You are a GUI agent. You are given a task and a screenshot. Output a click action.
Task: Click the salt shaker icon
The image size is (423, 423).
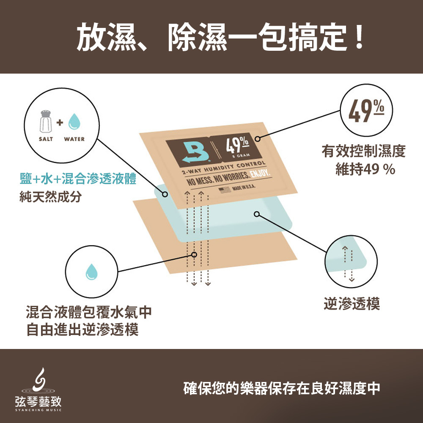(46, 121)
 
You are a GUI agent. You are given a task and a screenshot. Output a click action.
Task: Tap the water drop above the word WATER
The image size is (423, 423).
(74, 121)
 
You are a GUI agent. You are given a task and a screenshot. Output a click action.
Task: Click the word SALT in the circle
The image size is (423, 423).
(46, 139)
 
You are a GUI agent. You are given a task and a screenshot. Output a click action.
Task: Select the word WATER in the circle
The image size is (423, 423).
(74, 139)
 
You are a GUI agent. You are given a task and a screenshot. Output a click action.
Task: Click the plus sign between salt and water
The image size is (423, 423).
(60, 123)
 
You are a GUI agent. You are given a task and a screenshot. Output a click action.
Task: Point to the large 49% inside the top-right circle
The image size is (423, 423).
(366, 110)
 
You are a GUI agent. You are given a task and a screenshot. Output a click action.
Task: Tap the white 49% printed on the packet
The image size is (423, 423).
(237, 145)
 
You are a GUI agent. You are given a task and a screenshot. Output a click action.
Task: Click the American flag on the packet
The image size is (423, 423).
(225, 190)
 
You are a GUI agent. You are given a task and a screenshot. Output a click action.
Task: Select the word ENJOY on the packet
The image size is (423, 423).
(260, 173)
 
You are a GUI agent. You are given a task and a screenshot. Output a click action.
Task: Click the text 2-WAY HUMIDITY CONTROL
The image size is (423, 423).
(224, 168)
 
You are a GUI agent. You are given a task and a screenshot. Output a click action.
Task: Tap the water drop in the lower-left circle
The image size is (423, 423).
(91, 272)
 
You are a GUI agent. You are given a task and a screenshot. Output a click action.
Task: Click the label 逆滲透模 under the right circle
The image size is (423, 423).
(352, 304)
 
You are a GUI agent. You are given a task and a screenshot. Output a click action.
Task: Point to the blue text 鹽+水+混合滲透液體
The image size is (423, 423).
(78, 179)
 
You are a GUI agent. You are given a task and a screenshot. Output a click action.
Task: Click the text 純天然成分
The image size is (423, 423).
(50, 196)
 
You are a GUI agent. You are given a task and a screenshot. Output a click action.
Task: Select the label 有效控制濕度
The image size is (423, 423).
(363, 151)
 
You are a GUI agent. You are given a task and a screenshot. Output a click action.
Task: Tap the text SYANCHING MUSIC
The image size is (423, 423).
(38, 410)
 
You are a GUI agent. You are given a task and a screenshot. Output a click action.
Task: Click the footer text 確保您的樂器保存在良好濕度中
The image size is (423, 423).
(282, 388)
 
